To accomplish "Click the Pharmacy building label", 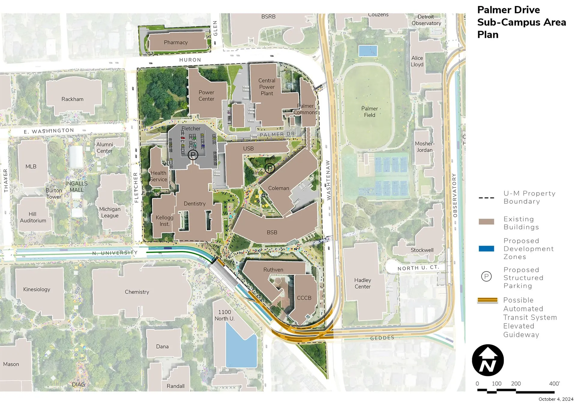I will (x=175, y=43).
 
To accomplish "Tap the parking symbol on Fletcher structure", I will (x=193, y=155).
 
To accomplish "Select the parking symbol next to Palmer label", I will (x=270, y=168).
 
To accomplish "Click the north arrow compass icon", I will (x=487, y=360).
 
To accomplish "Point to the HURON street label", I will (x=190, y=60).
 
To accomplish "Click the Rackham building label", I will (x=72, y=99).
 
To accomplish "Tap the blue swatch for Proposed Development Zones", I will (x=486, y=249).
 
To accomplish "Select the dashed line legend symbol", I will (x=486, y=198).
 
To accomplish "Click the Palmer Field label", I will (x=369, y=112).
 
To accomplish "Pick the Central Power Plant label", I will (x=267, y=87).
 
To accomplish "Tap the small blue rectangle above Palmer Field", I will (x=368, y=51).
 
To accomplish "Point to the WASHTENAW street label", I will (x=328, y=180).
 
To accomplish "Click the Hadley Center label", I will (x=362, y=283).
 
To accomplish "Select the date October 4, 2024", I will (x=556, y=399).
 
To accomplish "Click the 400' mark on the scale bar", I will (x=554, y=384).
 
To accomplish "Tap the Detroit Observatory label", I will (x=426, y=20).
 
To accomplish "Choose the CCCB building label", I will (x=304, y=298).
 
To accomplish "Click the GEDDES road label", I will (x=382, y=338).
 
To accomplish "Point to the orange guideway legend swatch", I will (x=487, y=300).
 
